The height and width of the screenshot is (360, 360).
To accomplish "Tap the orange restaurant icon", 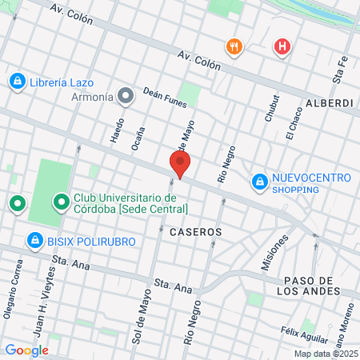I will pos(234,46).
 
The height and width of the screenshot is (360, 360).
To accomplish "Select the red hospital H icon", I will pos(282,47).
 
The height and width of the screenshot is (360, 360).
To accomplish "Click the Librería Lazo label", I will pos(62,82).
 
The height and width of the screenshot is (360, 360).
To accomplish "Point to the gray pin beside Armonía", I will pos(125,97).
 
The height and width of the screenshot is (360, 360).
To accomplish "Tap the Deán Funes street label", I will pos(165,98).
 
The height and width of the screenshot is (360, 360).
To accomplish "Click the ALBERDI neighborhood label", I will pos(329,103).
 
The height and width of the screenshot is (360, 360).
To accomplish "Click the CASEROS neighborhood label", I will pos(195,231).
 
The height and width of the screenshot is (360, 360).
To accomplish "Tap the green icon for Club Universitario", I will pos(60,202).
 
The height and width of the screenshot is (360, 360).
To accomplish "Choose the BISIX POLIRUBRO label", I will pos(89,241).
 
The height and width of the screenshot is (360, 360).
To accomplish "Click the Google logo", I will pos(26,350).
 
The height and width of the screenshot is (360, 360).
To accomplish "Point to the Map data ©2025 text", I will pos(325,354).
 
